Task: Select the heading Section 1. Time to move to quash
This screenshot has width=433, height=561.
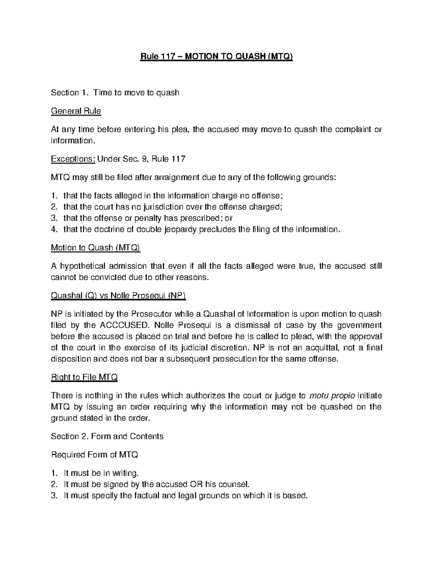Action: (x=115, y=93)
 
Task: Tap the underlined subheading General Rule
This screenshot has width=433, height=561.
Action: (x=76, y=111)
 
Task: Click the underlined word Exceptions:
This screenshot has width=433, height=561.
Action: (x=73, y=159)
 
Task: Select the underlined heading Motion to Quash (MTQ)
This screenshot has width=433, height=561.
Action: (x=96, y=248)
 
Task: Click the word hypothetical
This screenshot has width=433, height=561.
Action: (x=82, y=266)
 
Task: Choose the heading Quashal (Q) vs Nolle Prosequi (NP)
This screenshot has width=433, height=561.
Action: (x=118, y=295)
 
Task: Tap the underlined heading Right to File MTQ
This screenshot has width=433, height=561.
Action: (x=84, y=377)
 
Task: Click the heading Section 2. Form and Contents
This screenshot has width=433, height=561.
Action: (x=107, y=436)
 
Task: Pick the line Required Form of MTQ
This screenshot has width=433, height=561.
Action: (x=95, y=454)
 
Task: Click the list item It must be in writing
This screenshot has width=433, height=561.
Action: (x=101, y=473)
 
